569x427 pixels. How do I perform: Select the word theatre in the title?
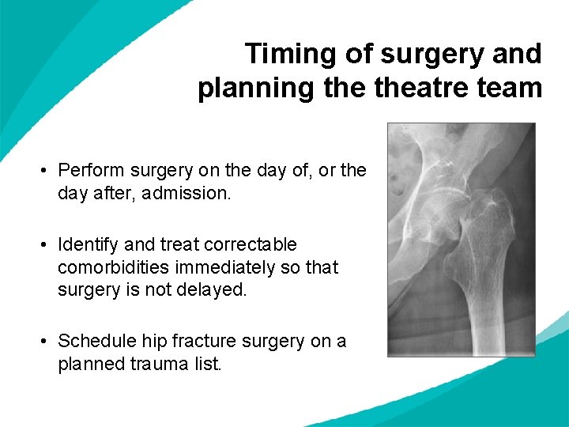tap(423, 88)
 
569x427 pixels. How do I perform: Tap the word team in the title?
tap(508, 88)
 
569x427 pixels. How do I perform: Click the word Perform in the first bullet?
tap(89, 171)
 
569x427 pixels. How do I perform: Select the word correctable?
tap(252, 245)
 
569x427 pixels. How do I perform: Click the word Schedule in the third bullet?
tap(92, 341)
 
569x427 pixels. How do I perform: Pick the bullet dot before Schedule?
tap(47, 342)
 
